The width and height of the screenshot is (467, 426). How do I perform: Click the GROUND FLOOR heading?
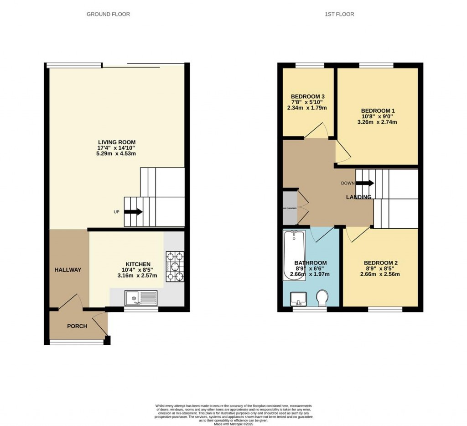pyautogui.click(x=108, y=14)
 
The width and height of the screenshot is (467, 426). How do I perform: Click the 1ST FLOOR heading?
pyautogui.click(x=339, y=14)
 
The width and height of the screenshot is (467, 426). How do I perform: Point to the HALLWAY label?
pyautogui.click(x=68, y=270)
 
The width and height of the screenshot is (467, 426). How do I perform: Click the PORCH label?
pyautogui.click(x=77, y=326)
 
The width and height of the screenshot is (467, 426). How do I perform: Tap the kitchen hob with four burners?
pyautogui.click(x=175, y=267)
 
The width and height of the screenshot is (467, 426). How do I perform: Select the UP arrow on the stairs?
pyautogui.click(x=133, y=212)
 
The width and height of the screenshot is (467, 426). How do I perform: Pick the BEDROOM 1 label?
pyautogui.click(x=378, y=110)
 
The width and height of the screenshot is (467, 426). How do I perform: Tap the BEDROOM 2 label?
pyautogui.click(x=380, y=263)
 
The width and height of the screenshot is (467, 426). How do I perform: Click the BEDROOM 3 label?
pyautogui.click(x=308, y=96)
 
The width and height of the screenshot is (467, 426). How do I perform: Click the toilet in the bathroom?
pyautogui.click(x=322, y=298)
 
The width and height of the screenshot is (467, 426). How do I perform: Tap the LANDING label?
pyautogui.click(x=358, y=197)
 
